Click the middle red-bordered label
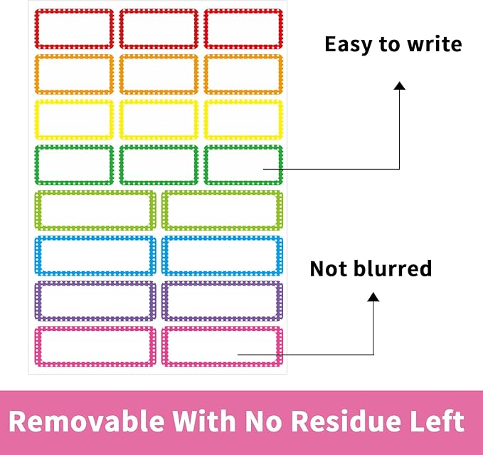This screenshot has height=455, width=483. pos(159,29)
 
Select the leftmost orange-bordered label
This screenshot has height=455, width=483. pos(74,74)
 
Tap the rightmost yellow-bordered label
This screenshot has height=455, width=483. pos(243,120)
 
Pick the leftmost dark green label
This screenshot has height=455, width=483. pos(74,165)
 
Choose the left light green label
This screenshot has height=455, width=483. pos(95,210)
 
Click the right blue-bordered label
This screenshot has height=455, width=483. pos(222,256)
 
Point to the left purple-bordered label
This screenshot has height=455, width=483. pos(95,301)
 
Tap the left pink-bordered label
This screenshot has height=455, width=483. pos(95,347)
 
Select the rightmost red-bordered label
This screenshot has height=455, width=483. pos(243,29)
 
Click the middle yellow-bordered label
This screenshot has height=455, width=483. pos(159,120)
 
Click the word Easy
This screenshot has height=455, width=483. pos(348,45)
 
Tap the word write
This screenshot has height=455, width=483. pos(435,43)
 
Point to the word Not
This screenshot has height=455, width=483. pos(329,268)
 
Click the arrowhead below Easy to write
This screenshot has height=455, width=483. pos(400,85)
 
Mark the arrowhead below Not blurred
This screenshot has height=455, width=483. pos(373,296)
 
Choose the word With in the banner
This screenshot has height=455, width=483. pos(203,421)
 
